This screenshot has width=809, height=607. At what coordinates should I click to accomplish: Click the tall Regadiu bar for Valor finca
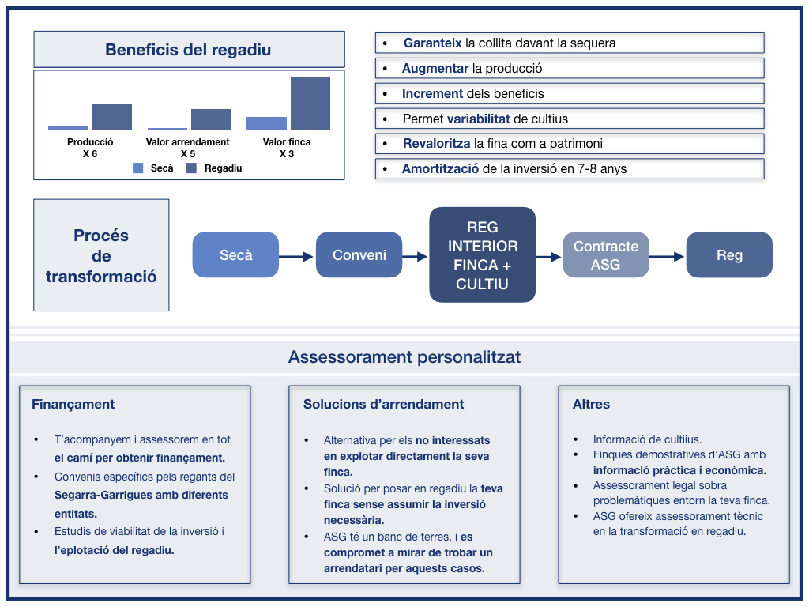tap(310, 104)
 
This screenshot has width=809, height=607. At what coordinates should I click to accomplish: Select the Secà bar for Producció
tap(68, 128)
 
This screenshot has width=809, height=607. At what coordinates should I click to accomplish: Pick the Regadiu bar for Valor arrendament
tap(210, 120)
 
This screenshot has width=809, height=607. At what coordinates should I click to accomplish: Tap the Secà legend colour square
tap(137, 168)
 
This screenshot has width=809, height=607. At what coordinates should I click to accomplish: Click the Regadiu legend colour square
tap(191, 168)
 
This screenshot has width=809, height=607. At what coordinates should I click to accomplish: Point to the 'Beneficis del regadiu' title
tap(188, 50)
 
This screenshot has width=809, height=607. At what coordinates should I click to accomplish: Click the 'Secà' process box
tap(235, 254)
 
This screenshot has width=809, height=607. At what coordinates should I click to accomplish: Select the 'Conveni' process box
tap(359, 254)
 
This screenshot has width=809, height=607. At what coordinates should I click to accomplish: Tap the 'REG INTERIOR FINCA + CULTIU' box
tap(483, 254)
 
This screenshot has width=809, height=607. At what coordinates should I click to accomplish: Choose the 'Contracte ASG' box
tap(606, 254)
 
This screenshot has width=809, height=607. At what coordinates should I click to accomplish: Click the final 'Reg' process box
tap(729, 254)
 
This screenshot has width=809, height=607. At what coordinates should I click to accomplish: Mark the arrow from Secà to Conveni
tap(297, 257)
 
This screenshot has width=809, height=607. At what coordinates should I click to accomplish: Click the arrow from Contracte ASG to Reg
tap(667, 257)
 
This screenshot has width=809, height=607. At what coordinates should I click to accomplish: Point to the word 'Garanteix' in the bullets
tap(432, 43)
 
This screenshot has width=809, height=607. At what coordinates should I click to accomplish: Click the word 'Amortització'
tap(440, 169)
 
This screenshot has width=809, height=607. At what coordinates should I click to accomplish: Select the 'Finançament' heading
tap(73, 404)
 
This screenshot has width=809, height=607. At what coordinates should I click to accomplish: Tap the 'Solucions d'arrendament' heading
tap(383, 404)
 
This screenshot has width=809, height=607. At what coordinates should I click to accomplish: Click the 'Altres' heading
tap(591, 404)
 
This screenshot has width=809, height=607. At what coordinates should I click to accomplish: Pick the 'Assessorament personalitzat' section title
tap(404, 356)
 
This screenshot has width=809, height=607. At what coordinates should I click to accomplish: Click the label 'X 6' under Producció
tap(90, 154)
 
